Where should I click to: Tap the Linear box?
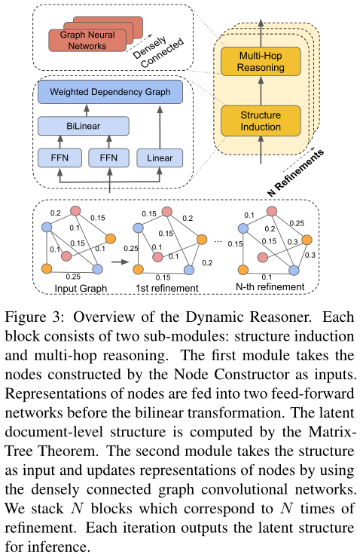coord(159,158)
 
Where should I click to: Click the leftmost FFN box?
coord(59,158)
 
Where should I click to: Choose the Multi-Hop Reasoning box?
coord(261,62)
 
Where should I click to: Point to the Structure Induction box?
coord(261,121)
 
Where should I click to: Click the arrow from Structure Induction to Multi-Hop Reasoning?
coord(261,92)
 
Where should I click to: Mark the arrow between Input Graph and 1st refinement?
coord(117,265)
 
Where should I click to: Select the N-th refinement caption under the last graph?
coord(270,287)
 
